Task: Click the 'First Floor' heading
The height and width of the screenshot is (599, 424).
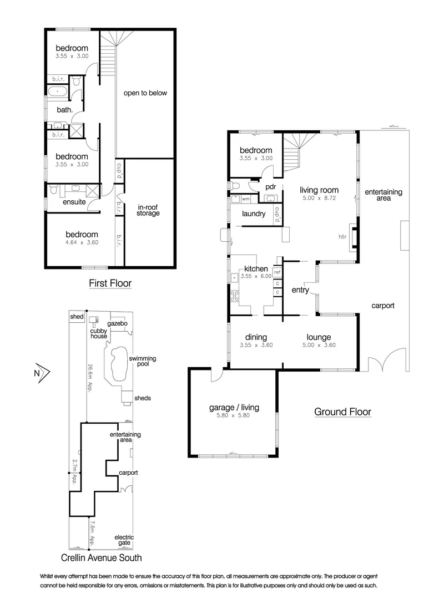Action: tap(110, 283)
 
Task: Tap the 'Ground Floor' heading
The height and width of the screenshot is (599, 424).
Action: tap(342, 412)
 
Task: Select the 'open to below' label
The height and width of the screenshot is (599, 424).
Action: tap(145, 93)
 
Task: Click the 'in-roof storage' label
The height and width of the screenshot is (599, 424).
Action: tap(148, 210)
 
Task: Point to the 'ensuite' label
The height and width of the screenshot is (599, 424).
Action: tap(74, 202)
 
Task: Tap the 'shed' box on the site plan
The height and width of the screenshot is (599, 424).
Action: tap(77, 317)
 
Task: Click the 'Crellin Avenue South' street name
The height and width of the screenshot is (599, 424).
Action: tap(102, 558)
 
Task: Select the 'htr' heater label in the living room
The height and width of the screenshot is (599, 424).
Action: tap(342, 237)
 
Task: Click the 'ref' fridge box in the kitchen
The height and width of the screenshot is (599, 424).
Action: tap(277, 272)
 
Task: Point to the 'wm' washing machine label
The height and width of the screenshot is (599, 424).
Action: tap(245, 199)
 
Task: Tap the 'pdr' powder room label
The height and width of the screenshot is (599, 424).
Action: tap(271, 187)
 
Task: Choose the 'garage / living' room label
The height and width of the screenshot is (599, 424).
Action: tap(234, 408)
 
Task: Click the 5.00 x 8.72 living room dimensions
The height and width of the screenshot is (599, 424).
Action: tap(319, 198)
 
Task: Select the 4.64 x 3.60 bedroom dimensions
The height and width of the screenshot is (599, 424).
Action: tap(82, 242)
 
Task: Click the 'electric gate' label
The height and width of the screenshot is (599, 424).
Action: tap(124, 540)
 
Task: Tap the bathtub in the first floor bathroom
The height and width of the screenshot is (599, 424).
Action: tap(58, 91)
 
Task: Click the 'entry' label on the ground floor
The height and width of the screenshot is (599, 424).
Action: tap(300, 290)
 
